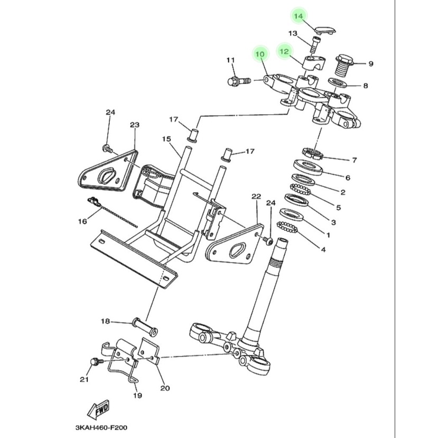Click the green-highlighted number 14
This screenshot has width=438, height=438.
tap(299, 16)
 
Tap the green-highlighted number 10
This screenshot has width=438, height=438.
tap(260, 53)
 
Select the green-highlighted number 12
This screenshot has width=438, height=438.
tap(284, 51)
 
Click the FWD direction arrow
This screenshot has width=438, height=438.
tap(99, 410)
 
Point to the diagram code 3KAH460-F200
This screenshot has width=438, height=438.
tap(101, 427)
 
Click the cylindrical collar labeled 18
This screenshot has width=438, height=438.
tap(145, 327)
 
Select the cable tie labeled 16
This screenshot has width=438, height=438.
tap(113, 212)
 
